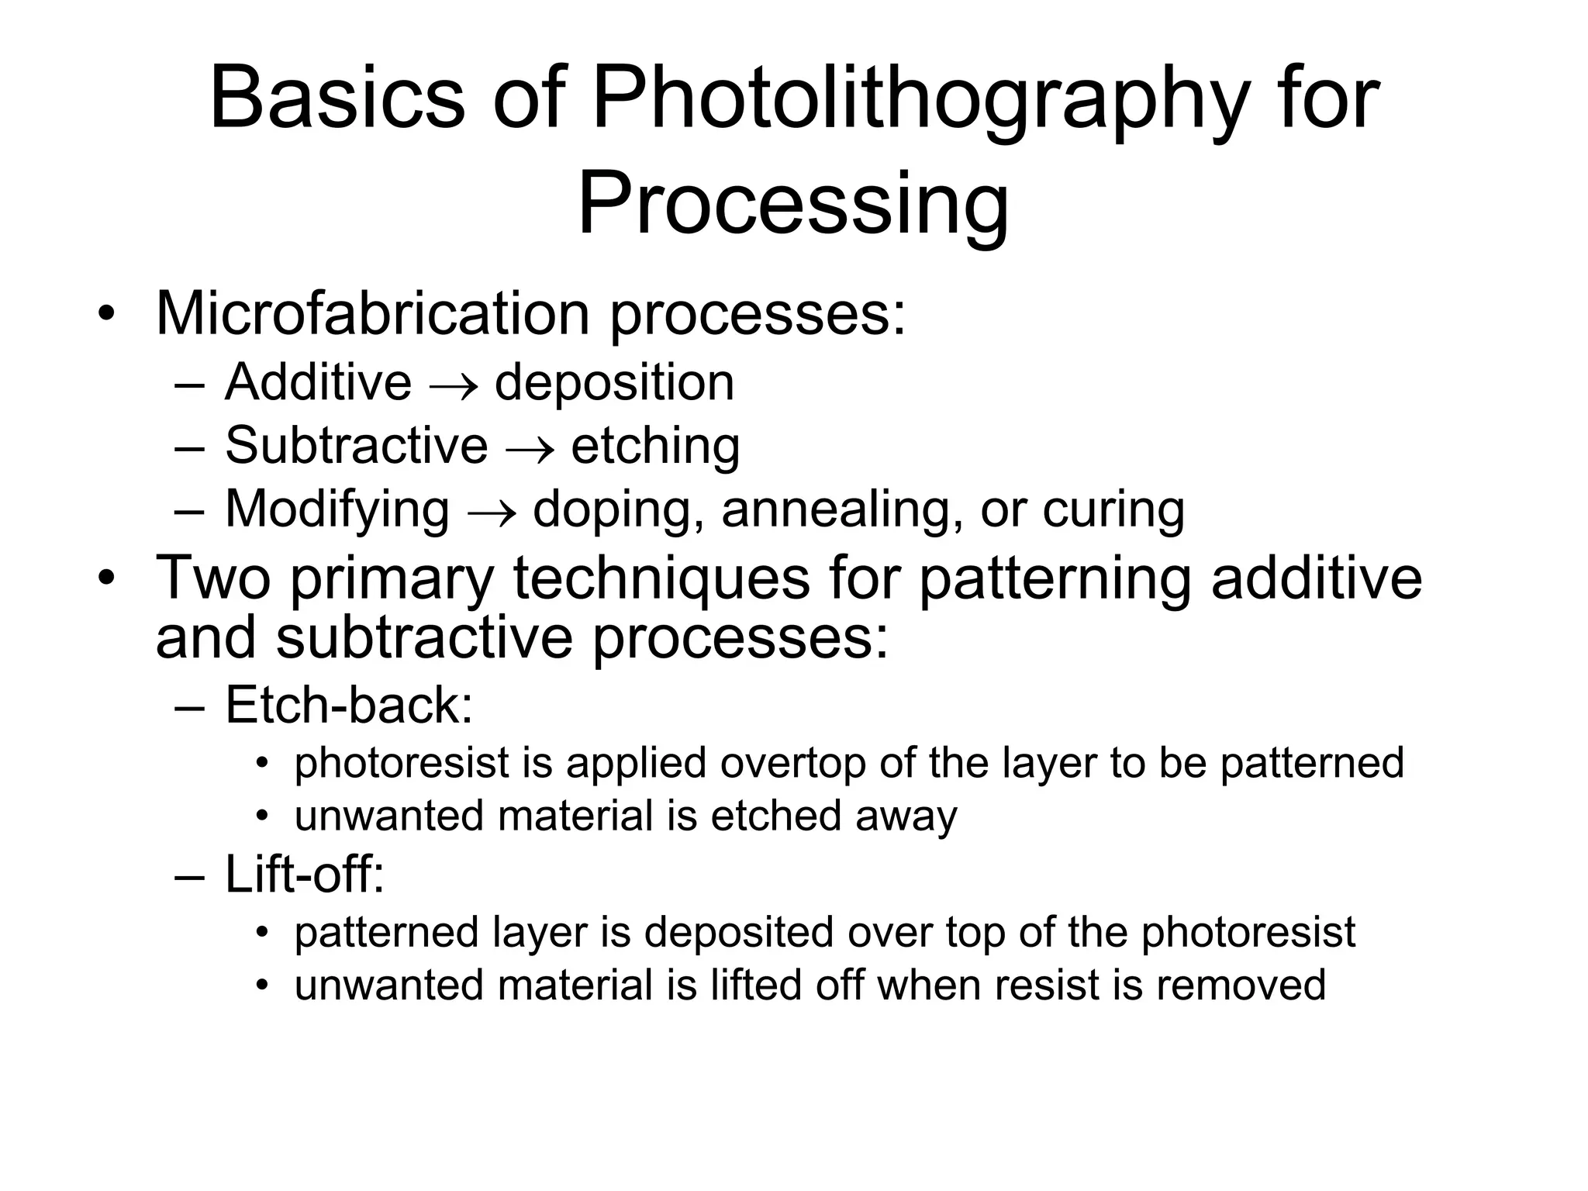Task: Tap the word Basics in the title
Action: (337, 99)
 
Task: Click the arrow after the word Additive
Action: (453, 385)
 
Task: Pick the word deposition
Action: (614, 383)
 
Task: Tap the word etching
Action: (655, 447)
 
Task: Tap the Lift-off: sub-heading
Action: (305, 874)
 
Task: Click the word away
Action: (906, 816)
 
